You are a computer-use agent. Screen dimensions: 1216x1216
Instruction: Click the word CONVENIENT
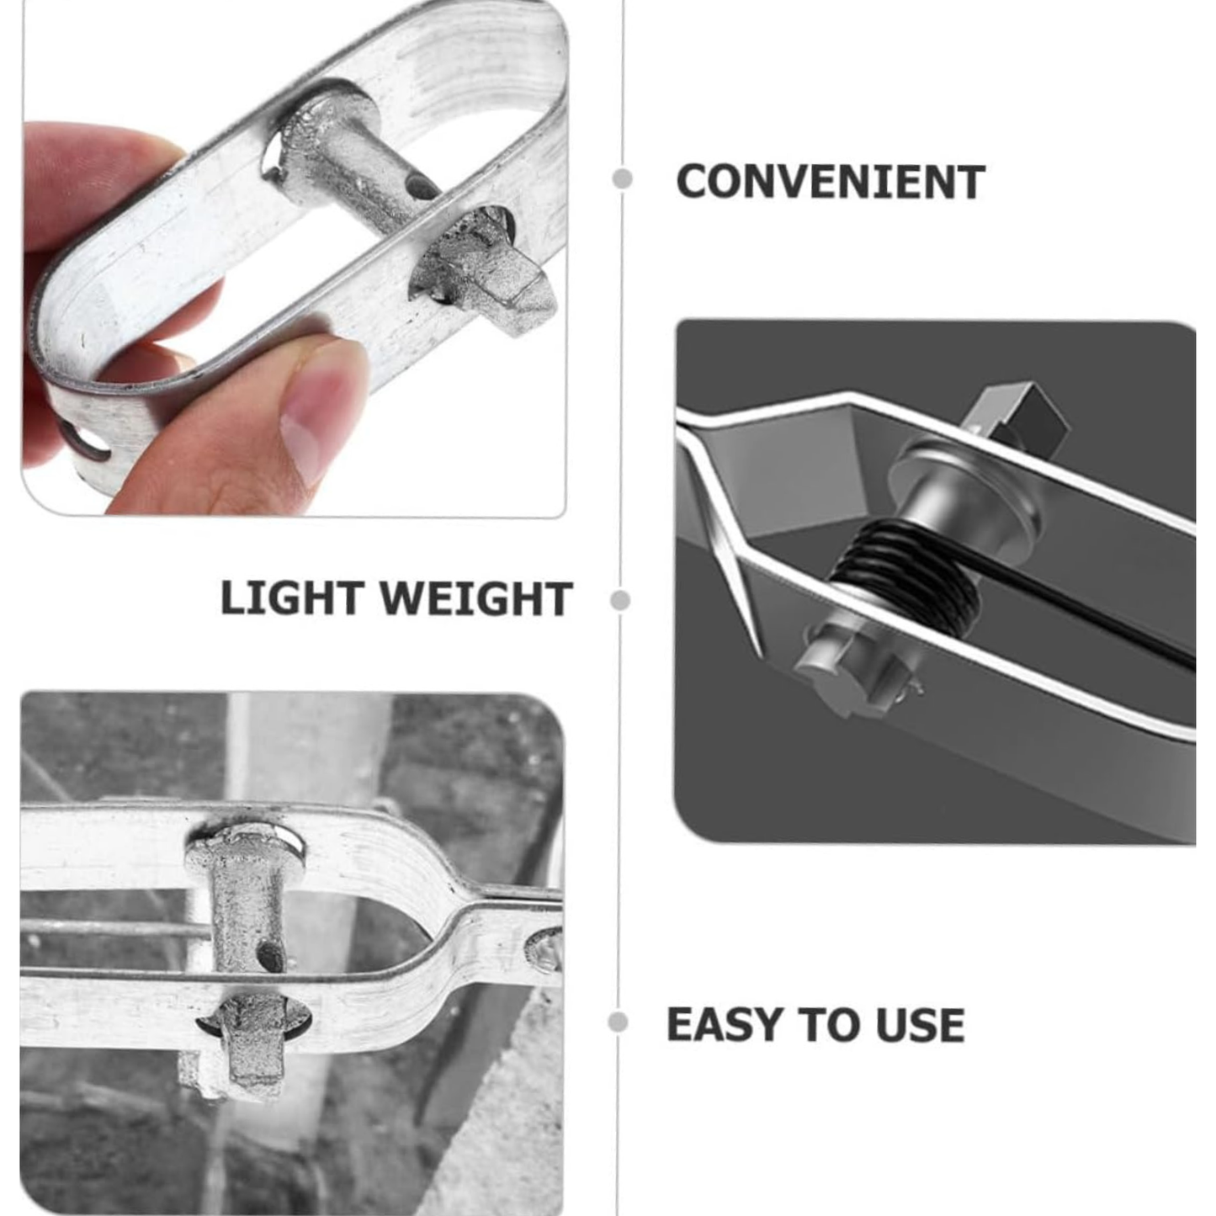(830, 182)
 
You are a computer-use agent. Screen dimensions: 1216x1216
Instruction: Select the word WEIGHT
(475, 599)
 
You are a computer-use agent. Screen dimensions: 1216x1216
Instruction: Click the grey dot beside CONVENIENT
(623, 178)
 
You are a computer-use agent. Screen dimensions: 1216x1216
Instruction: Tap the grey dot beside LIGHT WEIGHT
(620, 600)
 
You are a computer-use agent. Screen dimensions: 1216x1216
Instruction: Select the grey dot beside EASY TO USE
(618, 1022)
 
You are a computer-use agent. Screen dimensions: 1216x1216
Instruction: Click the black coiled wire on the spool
(905, 572)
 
